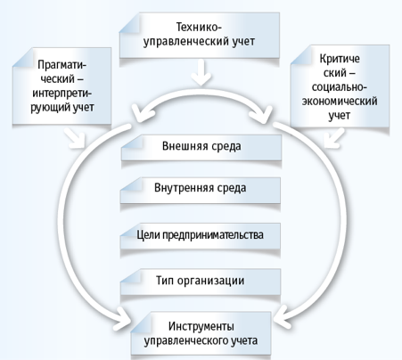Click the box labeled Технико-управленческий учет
click(200, 35)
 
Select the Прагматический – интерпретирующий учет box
click(62, 86)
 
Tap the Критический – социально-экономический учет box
click(340, 86)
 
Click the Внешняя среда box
click(201, 148)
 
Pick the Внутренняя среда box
click(201, 191)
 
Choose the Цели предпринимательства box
click(201, 236)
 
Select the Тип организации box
click(201, 282)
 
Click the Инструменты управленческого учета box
click(201, 333)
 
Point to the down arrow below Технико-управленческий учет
click(201, 72)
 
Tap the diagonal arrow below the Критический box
click(334, 137)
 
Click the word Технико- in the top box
click(199, 28)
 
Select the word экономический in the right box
click(340, 102)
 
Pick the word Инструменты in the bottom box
click(201, 326)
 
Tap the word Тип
click(165, 281)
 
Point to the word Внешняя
click(181, 146)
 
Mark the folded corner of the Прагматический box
click(23, 58)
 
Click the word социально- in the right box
click(340, 87)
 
